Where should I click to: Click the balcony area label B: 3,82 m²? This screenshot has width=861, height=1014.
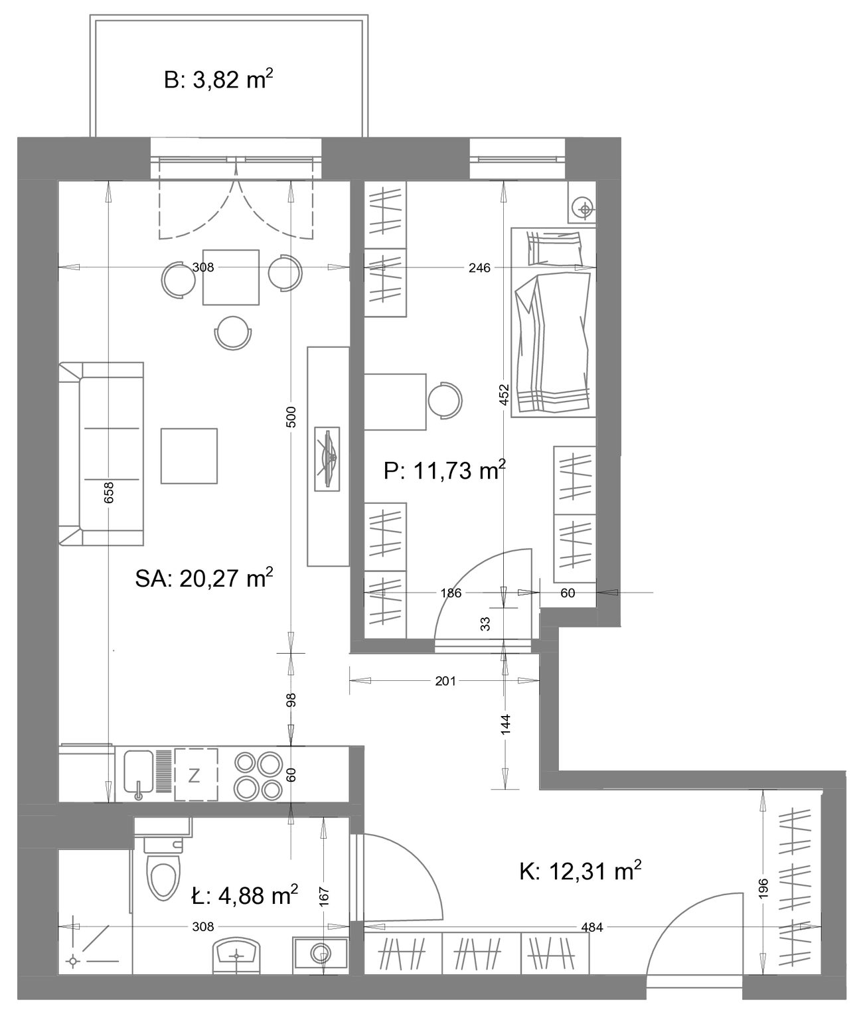coord(218,80)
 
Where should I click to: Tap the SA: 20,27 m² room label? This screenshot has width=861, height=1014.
coord(204,578)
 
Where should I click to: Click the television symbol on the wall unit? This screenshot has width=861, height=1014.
coord(327,458)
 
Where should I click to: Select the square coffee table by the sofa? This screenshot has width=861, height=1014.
coord(189,456)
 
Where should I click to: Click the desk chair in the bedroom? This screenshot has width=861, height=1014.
coord(445,400)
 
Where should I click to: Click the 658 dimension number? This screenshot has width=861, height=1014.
coord(108,492)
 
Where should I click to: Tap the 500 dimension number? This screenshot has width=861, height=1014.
coord(291,417)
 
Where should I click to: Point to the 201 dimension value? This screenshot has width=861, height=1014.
coord(445,681)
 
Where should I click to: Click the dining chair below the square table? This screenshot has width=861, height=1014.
coord(233,332)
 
